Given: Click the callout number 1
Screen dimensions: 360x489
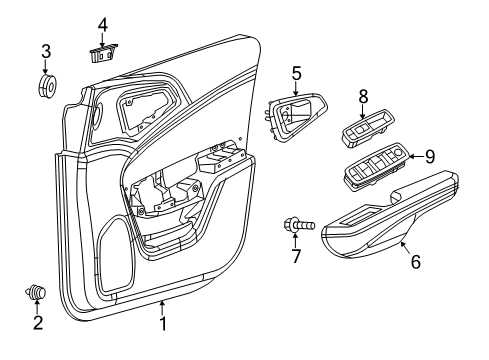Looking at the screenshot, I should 162,324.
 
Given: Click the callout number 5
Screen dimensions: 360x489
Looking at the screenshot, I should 296,72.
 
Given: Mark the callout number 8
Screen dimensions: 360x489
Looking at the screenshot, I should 363,96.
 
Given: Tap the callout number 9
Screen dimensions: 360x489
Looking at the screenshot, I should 429,156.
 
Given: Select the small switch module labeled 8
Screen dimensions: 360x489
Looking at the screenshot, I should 363,130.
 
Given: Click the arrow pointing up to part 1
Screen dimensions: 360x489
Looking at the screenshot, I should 162,305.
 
